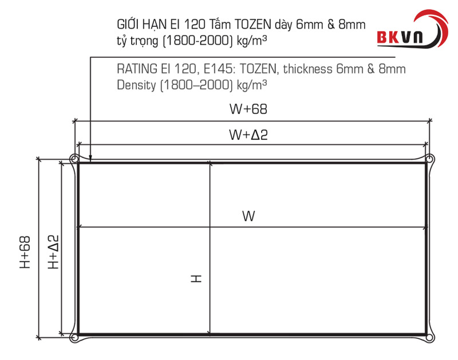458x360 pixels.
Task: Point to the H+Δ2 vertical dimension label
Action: (x=53, y=252)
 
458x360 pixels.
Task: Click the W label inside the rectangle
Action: (x=248, y=216)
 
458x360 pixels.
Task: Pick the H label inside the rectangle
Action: (x=196, y=279)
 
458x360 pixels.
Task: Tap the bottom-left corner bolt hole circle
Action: (x=74, y=338)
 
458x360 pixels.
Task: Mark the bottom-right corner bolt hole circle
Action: (x=430, y=338)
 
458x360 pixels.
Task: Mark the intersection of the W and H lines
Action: (x=211, y=228)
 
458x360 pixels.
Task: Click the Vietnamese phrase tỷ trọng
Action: (x=137, y=41)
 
